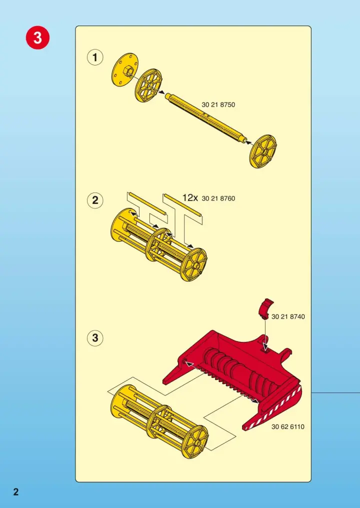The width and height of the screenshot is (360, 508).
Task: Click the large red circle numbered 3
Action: pyautogui.click(x=38, y=38)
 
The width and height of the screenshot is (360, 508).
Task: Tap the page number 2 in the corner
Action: pyautogui.click(x=16, y=491)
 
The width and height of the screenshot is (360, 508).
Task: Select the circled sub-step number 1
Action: pyautogui.click(x=95, y=57)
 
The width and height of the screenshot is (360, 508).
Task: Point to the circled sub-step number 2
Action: pyautogui.click(x=95, y=200)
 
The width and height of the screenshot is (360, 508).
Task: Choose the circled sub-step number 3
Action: pyautogui.click(x=95, y=338)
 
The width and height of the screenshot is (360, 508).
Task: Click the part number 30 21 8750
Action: pyautogui.click(x=218, y=104)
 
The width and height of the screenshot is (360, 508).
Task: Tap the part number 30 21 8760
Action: pyautogui.click(x=218, y=198)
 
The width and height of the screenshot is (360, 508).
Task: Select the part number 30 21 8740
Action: pyautogui.click(x=288, y=316)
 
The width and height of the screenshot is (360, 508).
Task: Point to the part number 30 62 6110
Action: pyautogui.click(x=288, y=426)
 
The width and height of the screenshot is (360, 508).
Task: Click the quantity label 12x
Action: pyautogui.click(x=190, y=197)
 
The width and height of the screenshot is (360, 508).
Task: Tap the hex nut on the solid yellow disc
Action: pyautogui.click(x=127, y=70)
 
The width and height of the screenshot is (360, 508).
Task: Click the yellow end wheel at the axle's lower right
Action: pyautogui.click(x=263, y=151)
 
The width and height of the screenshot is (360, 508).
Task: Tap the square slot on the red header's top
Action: pyautogui.click(x=265, y=348)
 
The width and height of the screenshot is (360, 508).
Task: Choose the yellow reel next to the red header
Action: pyautogui.click(x=159, y=421)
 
